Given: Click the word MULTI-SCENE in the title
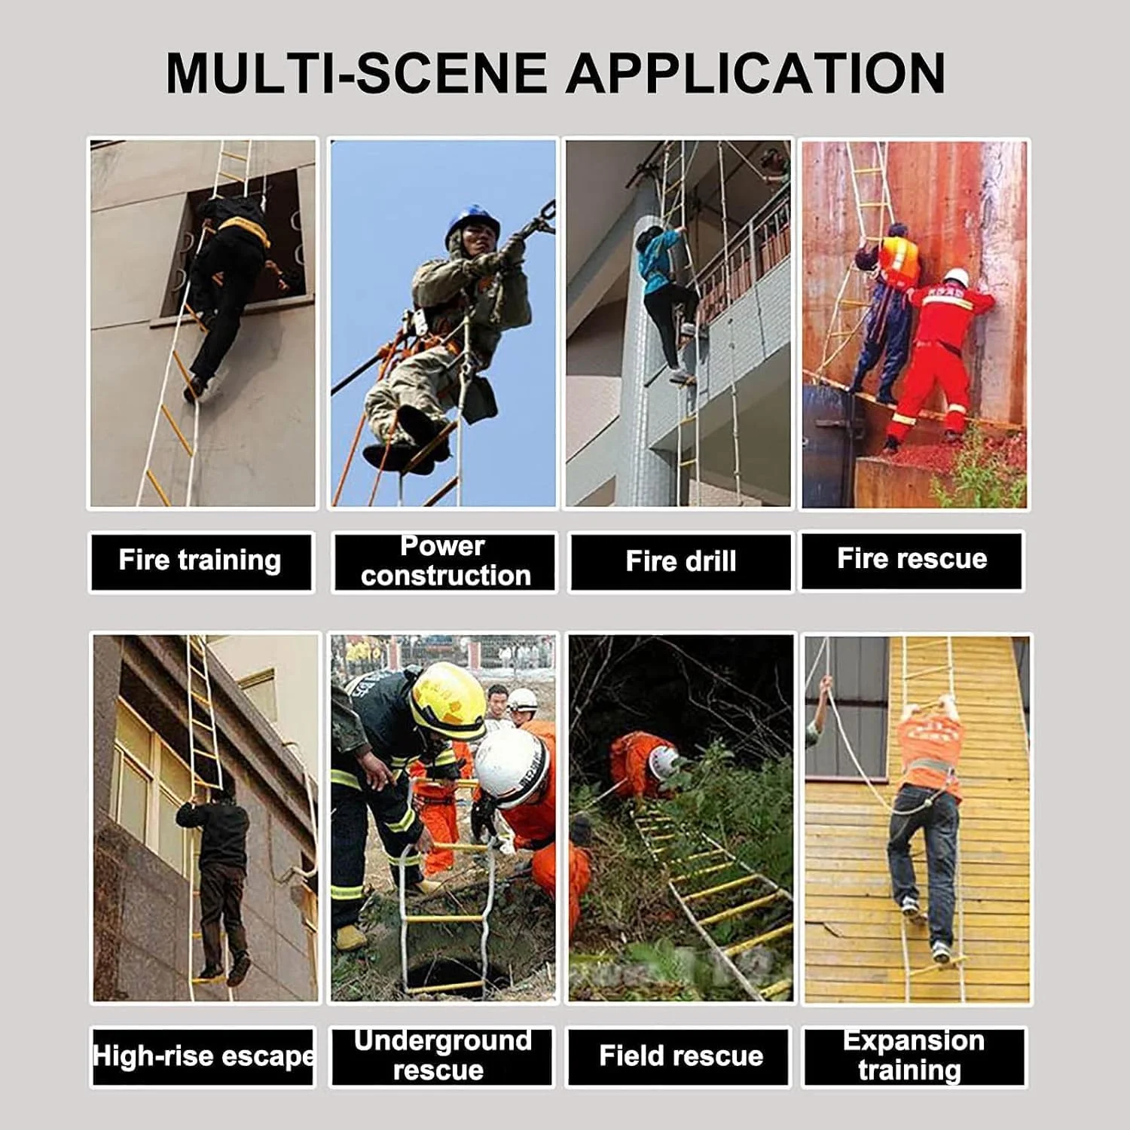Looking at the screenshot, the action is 356,73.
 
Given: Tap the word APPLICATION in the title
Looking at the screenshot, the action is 756,73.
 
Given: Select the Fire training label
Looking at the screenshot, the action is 200,561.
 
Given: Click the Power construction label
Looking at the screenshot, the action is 444,561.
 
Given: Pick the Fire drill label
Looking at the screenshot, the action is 681,561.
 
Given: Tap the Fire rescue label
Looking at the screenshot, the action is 912,560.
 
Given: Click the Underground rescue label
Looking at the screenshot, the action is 442,1056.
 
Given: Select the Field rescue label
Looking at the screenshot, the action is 680,1056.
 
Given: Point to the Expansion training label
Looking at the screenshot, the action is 914,1056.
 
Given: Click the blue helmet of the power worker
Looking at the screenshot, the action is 472,221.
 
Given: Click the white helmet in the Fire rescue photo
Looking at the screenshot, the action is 955,276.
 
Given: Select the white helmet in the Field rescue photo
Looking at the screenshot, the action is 664,762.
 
